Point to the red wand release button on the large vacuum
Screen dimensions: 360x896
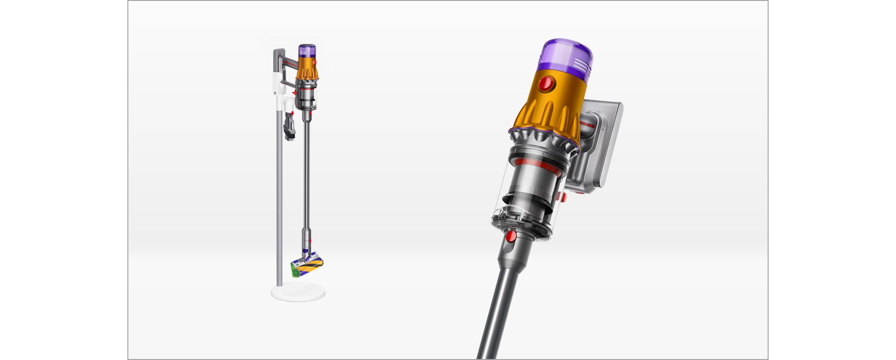tap(511, 236)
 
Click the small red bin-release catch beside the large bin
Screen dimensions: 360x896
tap(564, 197)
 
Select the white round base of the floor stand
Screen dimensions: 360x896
tap(298, 292)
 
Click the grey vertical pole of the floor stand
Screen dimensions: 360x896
tap(279, 210)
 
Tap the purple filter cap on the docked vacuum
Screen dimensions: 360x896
tap(307, 50)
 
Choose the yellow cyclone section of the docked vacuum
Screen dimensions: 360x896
tap(308, 68)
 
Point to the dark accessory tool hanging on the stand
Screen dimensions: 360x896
tap(290, 126)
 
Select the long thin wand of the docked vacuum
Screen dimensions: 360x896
tap(307, 177)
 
